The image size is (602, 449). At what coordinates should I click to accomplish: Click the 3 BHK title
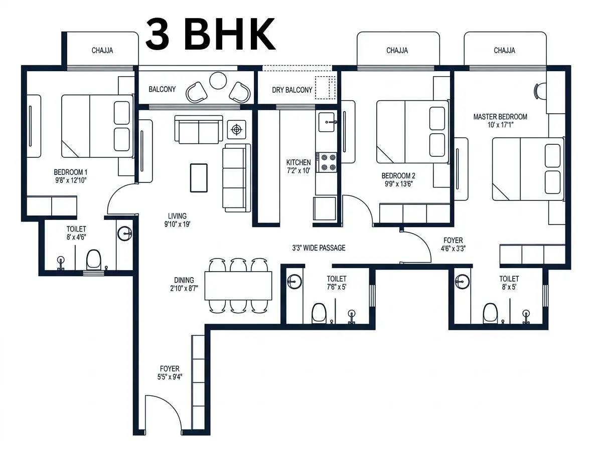pyautogui.click(x=210, y=34)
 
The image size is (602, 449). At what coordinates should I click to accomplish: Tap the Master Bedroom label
pyautogui.click(x=500, y=117)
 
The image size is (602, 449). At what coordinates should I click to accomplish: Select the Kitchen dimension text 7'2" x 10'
pyautogui.click(x=298, y=171)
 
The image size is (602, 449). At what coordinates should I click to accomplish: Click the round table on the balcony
pyautogui.click(x=218, y=81)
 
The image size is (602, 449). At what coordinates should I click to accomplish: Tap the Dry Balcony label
pyautogui.click(x=292, y=90)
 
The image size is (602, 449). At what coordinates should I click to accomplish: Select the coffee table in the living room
pyautogui.click(x=199, y=178)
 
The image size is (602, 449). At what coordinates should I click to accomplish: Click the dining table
pyautogui.click(x=238, y=286)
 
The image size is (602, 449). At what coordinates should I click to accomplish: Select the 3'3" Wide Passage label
pyautogui.click(x=319, y=248)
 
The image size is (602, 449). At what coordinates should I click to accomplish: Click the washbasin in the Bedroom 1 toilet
pyautogui.click(x=125, y=234)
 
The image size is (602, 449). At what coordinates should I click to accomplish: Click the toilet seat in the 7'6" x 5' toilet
pyautogui.click(x=319, y=313)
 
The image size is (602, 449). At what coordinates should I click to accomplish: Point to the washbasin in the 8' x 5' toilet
pyautogui.click(x=463, y=281)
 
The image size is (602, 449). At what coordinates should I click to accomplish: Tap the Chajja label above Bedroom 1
pyautogui.click(x=102, y=51)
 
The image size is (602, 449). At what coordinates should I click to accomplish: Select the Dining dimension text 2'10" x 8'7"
pyautogui.click(x=184, y=289)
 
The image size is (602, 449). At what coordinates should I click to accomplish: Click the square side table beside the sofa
pyautogui.click(x=237, y=130)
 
